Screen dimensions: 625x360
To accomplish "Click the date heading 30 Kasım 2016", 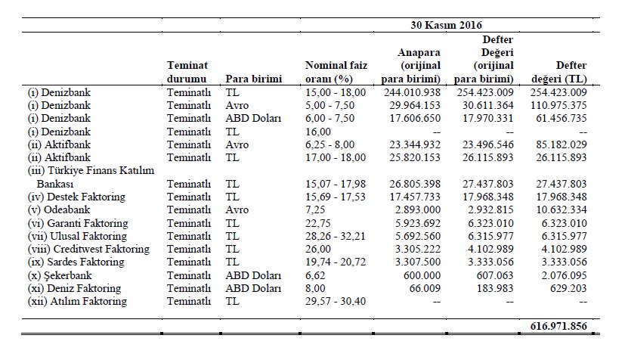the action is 446,25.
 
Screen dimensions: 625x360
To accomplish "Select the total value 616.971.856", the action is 558,326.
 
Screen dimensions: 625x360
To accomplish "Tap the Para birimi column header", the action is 253,79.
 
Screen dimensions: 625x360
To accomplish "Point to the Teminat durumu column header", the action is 187,72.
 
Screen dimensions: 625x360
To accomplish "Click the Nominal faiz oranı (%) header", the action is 336,72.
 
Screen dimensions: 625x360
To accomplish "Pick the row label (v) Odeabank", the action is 59,209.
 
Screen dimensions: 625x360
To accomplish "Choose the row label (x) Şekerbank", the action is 60,275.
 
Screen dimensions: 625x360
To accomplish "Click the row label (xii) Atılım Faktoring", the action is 77,301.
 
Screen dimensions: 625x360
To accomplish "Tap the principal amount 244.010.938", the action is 412,92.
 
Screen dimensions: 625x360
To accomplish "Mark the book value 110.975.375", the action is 558,105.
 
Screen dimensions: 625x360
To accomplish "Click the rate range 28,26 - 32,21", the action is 336,236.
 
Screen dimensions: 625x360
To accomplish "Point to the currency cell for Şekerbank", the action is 253,275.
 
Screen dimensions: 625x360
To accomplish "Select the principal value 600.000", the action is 425,275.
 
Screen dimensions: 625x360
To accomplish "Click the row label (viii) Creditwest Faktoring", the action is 88,249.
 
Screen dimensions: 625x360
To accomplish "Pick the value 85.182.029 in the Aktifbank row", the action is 562,144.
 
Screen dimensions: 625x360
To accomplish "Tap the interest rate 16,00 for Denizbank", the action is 318,132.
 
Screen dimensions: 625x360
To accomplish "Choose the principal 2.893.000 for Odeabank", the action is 418,209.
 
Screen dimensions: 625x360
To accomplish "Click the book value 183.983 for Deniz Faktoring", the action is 495,288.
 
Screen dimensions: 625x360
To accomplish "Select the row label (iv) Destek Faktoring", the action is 76,197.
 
